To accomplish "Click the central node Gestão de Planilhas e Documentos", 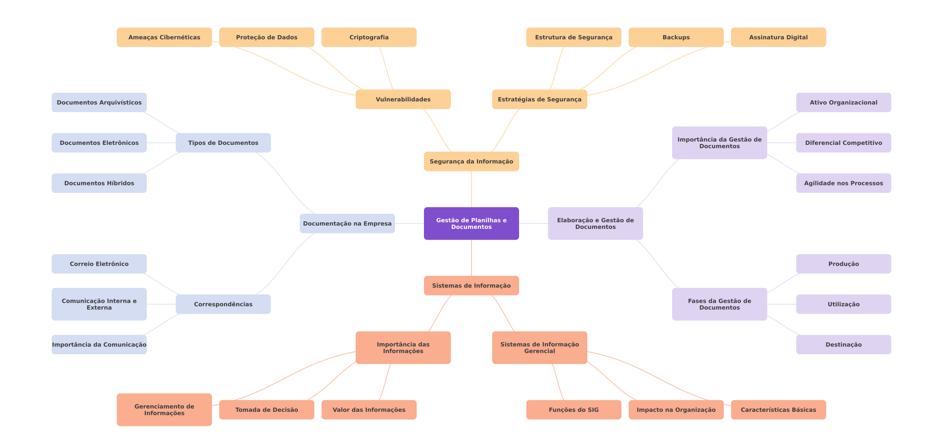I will coord(471,223).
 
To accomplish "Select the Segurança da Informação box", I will coord(471,161).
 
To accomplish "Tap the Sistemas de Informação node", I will coord(471,286).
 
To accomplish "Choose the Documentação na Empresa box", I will coord(347,223).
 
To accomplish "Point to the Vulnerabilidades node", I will coord(403,99).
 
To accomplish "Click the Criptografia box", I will coord(369,37).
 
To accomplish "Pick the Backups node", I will coord(676,37).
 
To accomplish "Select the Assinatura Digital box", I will coord(778,37).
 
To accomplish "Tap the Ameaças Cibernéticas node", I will coord(164,37).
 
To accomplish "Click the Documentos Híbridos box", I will coord(99,183).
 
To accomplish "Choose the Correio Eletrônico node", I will coord(99,264).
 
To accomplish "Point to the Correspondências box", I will coord(223,304).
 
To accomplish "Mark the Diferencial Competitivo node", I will coord(843,143).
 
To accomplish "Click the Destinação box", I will coord(843,344).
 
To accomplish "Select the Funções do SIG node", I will coord(574,410).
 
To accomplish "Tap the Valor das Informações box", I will coord(369,410).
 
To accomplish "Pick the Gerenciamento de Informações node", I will coord(164,410).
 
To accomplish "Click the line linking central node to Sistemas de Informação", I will coord(471,258).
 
